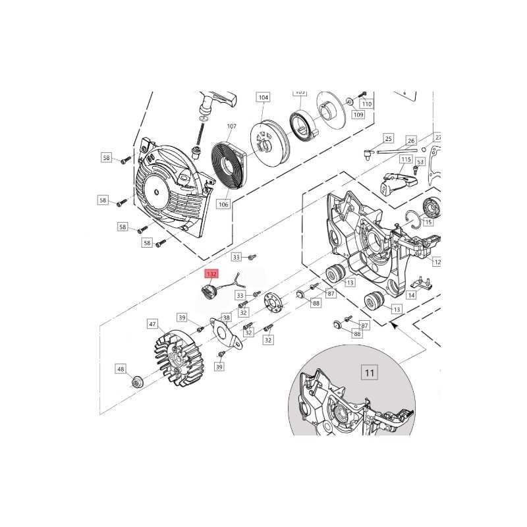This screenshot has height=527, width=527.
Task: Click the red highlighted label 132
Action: tap(212, 274)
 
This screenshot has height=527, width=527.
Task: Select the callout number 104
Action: tap(263, 97)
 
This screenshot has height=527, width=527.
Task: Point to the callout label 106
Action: tap(223, 204)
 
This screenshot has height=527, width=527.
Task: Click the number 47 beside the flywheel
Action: tap(152, 324)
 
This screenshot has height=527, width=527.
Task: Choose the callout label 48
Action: tap(121, 369)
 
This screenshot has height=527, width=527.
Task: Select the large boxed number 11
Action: tap(370, 373)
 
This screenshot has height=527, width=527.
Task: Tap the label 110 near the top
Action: tap(367, 104)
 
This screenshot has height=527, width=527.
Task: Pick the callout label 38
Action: tap(225, 316)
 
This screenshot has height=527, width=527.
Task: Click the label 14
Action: tap(411, 296)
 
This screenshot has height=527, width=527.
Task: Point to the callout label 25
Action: tap(388, 139)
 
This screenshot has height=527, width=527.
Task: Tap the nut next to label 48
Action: tap(137, 380)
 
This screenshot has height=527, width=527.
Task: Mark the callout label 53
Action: tap(420, 161)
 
